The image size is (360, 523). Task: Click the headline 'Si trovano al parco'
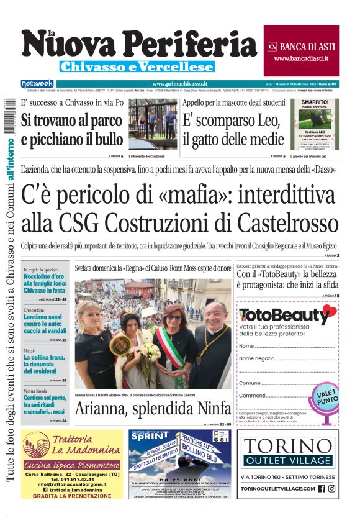[71, 120]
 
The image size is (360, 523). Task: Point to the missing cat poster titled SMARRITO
[315, 124]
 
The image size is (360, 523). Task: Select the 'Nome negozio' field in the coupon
[257, 358]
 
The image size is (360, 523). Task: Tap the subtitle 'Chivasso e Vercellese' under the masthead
[137, 66]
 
